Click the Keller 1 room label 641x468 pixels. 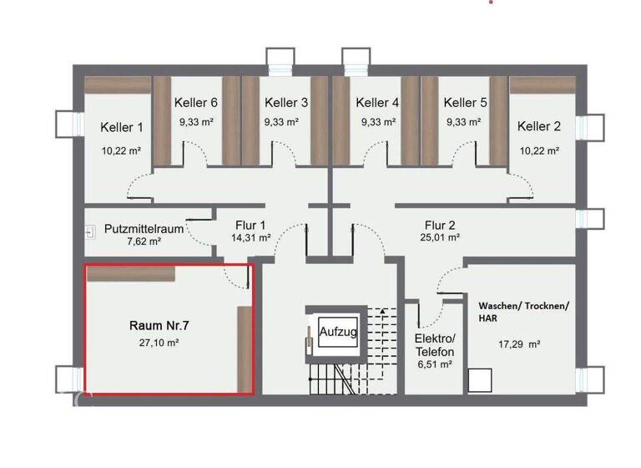(122, 128)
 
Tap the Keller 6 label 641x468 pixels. (196, 103)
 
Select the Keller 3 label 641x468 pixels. (286, 103)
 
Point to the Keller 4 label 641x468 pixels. (377, 103)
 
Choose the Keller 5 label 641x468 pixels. (466, 103)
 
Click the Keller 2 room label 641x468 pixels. (539, 127)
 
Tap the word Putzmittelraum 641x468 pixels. (144, 227)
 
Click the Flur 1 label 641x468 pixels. (250, 225)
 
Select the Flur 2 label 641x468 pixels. (441, 225)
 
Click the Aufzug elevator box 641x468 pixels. (338, 333)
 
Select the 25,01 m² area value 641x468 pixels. (441, 238)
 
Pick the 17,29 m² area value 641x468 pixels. (519, 343)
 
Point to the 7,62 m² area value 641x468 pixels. (144, 241)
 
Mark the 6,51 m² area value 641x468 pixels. (434, 364)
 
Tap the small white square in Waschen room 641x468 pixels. (479, 380)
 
